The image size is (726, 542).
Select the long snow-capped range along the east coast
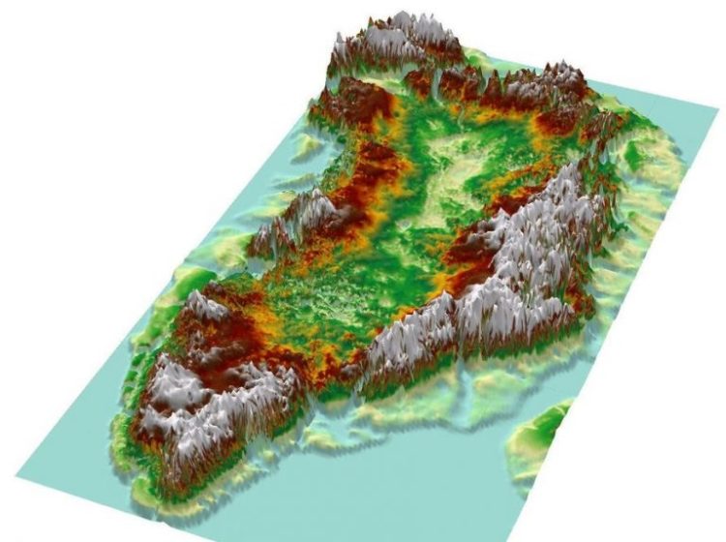click(513, 261)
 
